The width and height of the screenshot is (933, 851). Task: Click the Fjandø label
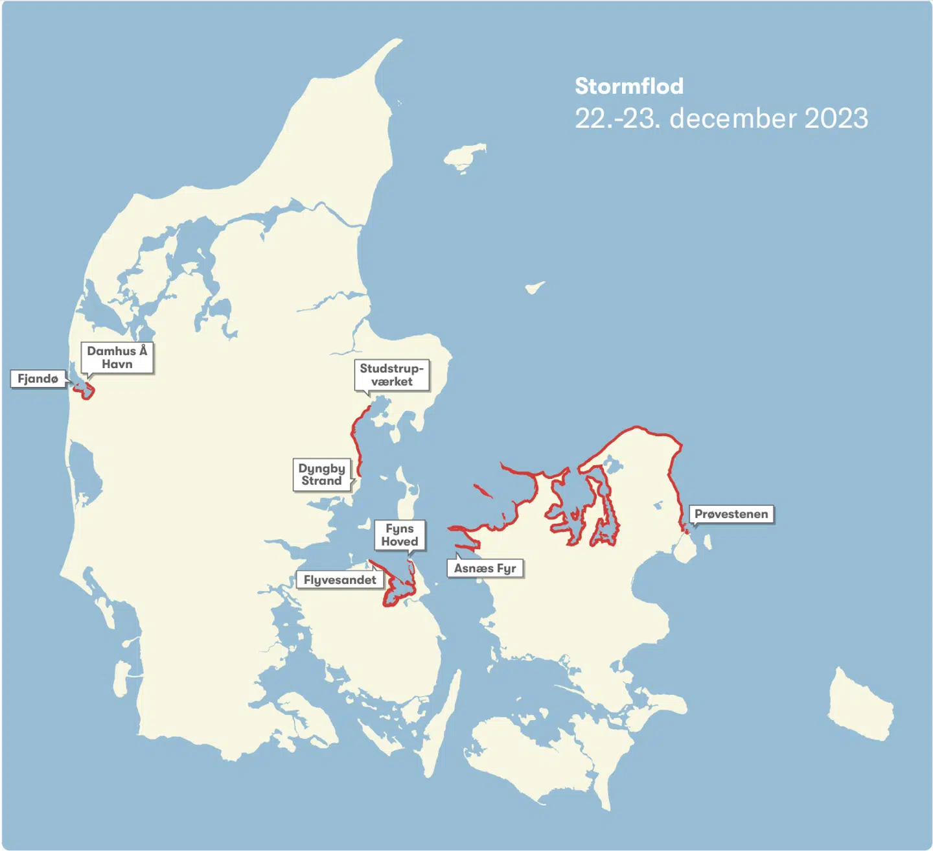click(38, 379)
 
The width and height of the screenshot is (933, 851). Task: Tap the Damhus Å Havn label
click(117, 358)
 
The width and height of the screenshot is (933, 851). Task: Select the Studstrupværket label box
click(391, 375)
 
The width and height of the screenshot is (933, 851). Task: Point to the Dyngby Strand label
click(321, 474)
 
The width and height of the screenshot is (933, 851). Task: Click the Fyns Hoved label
click(400, 535)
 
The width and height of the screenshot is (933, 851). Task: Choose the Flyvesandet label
click(340, 580)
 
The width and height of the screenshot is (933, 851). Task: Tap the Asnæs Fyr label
click(485, 568)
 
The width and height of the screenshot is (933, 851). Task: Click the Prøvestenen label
click(731, 515)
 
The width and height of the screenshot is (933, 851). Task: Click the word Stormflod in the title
click(629, 86)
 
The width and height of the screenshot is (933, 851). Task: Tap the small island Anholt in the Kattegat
click(535, 287)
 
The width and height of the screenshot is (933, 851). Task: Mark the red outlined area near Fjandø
click(84, 390)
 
